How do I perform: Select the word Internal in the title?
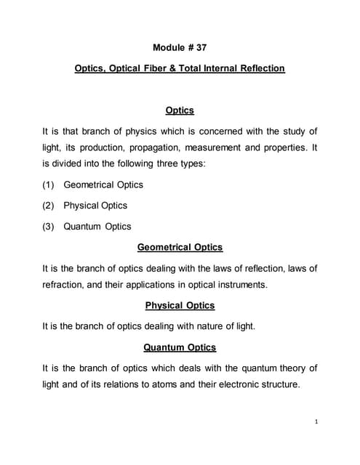[x=220, y=69]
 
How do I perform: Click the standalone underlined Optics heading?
[x=180, y=110]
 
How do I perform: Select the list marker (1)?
[x=49, y=185]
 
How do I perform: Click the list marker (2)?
[x=49, y=206]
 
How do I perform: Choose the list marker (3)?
[x=49, y=227]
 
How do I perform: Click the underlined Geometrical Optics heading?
[x=180, y=248]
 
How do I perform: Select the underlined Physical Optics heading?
[x=180, y=306]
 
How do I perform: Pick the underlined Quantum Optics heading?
[x=180, y=348]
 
